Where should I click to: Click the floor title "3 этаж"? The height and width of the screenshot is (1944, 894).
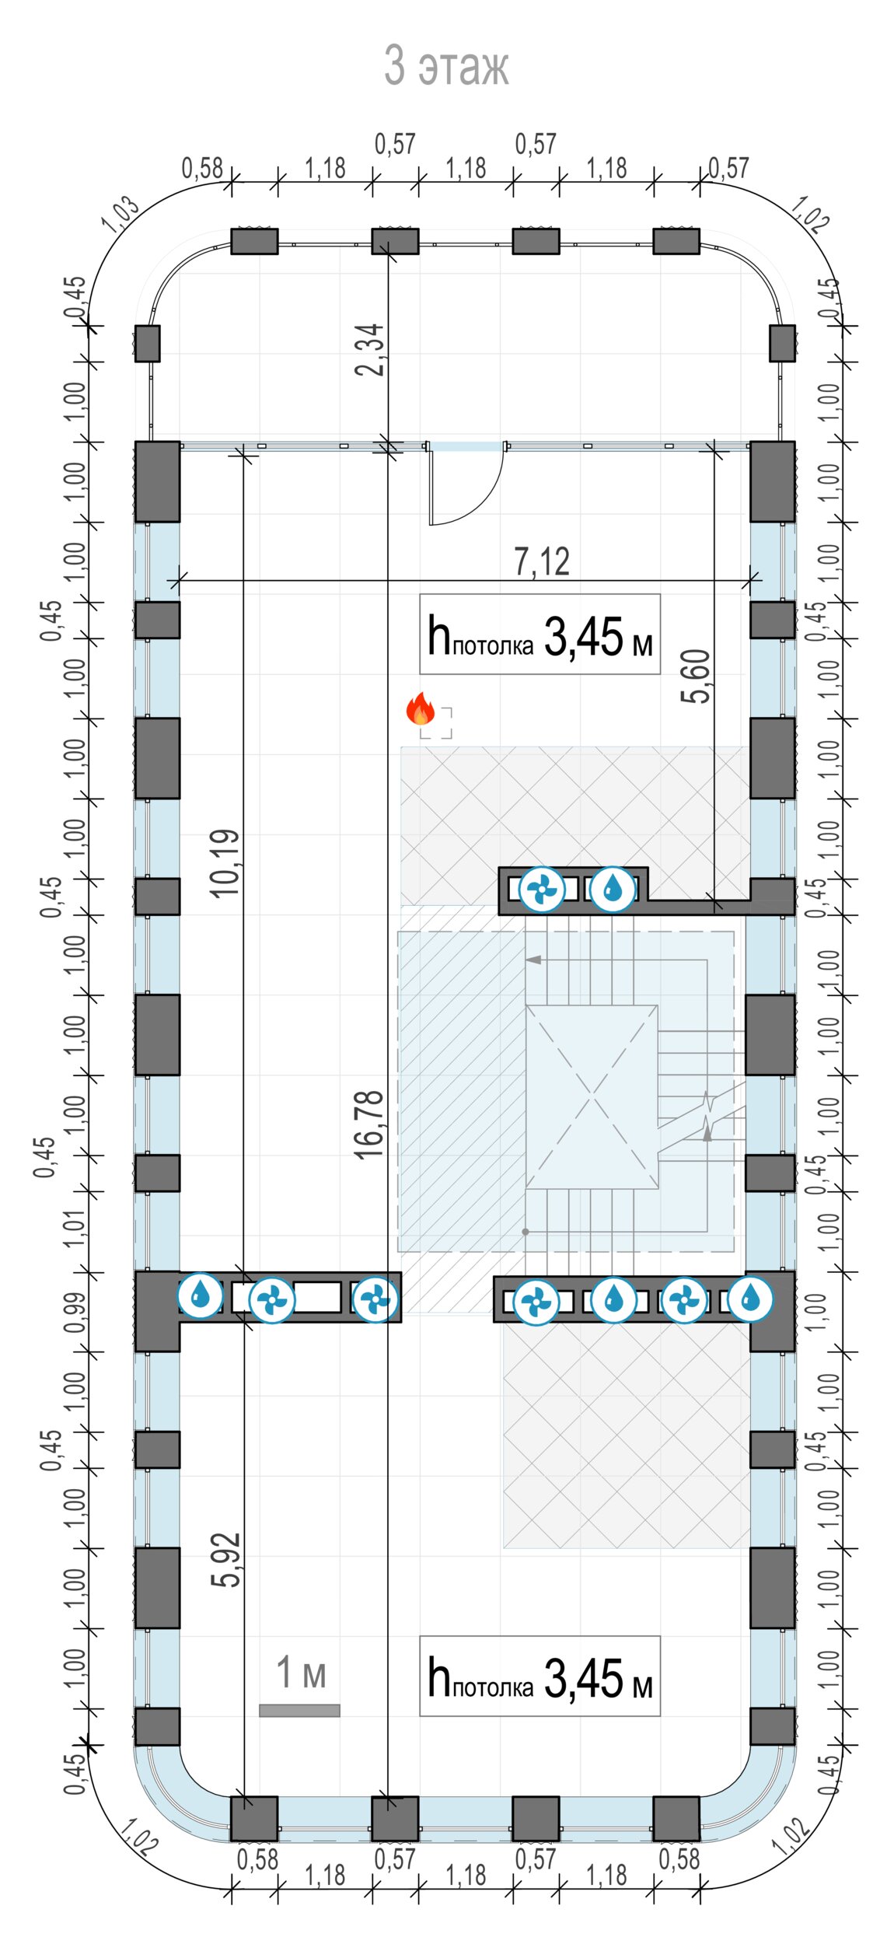tap(446, 65)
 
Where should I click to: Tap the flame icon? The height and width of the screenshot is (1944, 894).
tap(421, 708)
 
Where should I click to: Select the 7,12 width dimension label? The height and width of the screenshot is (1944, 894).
tap(541, 561)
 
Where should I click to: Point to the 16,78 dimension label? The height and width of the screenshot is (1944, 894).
tap(369, 1124)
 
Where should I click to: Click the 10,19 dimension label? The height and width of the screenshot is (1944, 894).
tap(225, 864)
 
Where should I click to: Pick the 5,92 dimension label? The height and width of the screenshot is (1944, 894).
tap(225, 1560)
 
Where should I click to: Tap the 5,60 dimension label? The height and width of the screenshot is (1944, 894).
tap(695, 677)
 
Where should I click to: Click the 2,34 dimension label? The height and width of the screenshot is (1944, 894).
tap(369, 350)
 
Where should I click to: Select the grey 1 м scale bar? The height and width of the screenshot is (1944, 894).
tap(299, 1711)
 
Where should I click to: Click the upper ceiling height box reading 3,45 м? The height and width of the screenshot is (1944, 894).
tap(540, 635)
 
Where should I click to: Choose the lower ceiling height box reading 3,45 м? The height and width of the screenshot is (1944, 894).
tap(540, 1677)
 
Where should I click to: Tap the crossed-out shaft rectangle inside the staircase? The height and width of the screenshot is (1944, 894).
tap(592, 1097)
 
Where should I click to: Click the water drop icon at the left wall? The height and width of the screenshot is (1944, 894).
tap(200, 1296)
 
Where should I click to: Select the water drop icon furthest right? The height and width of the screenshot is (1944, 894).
tap(750, 1299)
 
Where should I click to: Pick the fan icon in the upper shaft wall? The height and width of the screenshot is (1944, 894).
tap(541, 889)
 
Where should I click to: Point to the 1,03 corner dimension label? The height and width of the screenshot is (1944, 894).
tap(121, 214)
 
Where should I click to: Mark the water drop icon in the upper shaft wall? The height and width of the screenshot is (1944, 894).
tap(613, 889)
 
